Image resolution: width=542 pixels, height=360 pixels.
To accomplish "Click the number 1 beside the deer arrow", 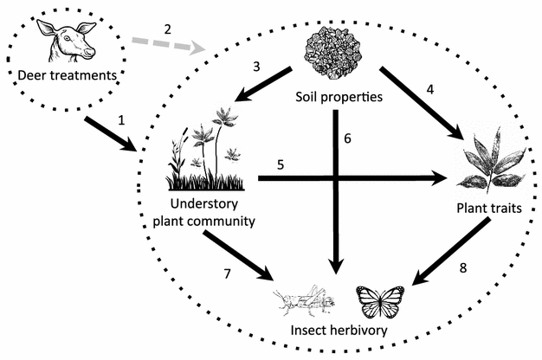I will [x=122, y=120].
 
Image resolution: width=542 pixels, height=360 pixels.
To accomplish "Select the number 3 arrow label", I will [x=256, y=67].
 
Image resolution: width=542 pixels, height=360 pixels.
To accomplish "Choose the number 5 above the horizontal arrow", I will [x=281, y=164].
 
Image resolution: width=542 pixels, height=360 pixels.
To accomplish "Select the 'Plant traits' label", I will [x=492, y=209].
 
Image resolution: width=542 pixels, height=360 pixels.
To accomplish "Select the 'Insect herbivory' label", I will [x=339, y=330].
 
